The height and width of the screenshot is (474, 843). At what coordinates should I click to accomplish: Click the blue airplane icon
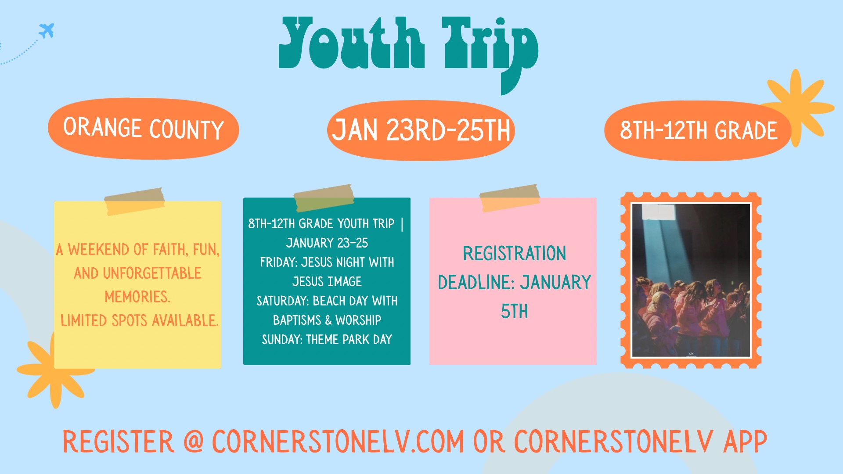(x=47, y=30)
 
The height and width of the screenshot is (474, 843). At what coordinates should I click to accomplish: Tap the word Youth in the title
(x=352, y=43)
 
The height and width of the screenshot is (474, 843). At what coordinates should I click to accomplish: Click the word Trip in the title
(x=490, y=55)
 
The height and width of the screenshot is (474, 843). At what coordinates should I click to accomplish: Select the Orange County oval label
(x=143, y=129)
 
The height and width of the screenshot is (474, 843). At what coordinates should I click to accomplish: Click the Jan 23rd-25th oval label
(x=421, y=131)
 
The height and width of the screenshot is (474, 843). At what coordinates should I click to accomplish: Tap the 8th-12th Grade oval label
(x=698, y=131)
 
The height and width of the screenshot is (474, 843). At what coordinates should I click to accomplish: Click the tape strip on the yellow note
(x=134, y=201)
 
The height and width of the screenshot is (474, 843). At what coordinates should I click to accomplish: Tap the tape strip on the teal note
(x=324, y=198)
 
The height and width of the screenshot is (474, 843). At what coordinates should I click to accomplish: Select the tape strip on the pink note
(x=510, y=198)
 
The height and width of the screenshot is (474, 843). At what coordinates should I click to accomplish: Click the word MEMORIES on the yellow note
(x=137, y=297)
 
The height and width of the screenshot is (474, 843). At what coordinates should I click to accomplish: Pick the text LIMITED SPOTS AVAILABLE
(x=139, y=321)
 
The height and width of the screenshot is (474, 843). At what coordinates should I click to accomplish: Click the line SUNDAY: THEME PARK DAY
(x=327, y=340)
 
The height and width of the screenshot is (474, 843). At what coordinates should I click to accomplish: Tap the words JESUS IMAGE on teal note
(x=327, y=282)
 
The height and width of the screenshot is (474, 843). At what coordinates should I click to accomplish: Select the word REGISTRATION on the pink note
(x=514, y=254)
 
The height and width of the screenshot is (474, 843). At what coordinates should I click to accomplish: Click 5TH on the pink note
(x=514, y=312)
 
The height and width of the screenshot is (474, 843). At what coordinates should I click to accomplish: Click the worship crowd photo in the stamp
(x=691, y=280)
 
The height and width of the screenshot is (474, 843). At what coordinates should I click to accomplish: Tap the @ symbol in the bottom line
(x=194, y=441)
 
